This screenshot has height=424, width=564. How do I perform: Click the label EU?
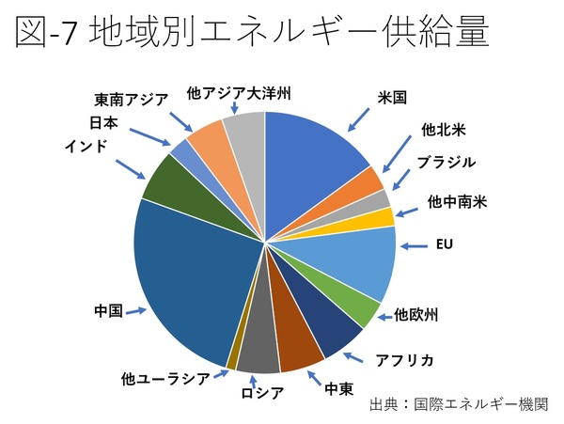[445, 246]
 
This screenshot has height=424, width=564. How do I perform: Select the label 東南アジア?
[132, 99]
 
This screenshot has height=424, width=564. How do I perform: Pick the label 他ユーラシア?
[164, 379]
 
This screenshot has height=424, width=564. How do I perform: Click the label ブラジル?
[448, 162]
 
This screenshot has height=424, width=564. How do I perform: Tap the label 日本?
[103, 122]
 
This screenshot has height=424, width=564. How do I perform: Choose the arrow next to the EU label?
[415, 247]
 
